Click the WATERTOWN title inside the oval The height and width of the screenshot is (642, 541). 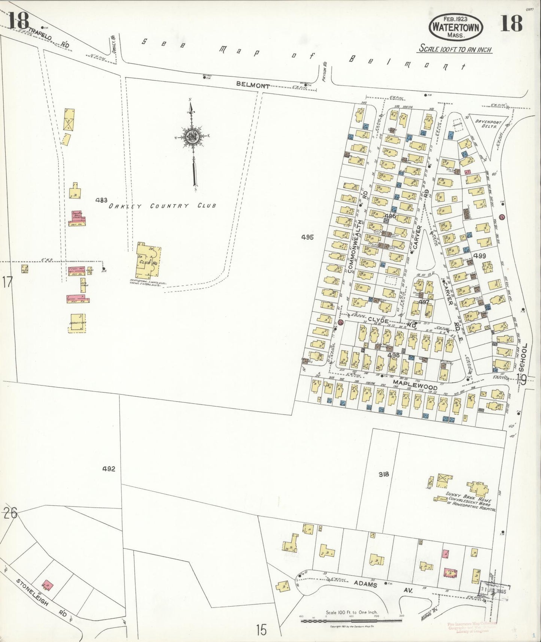456,27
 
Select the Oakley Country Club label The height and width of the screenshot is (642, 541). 162,206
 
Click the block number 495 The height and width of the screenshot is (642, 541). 307,237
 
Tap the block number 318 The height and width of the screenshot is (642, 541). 384,474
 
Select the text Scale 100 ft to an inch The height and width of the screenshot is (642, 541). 455,49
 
